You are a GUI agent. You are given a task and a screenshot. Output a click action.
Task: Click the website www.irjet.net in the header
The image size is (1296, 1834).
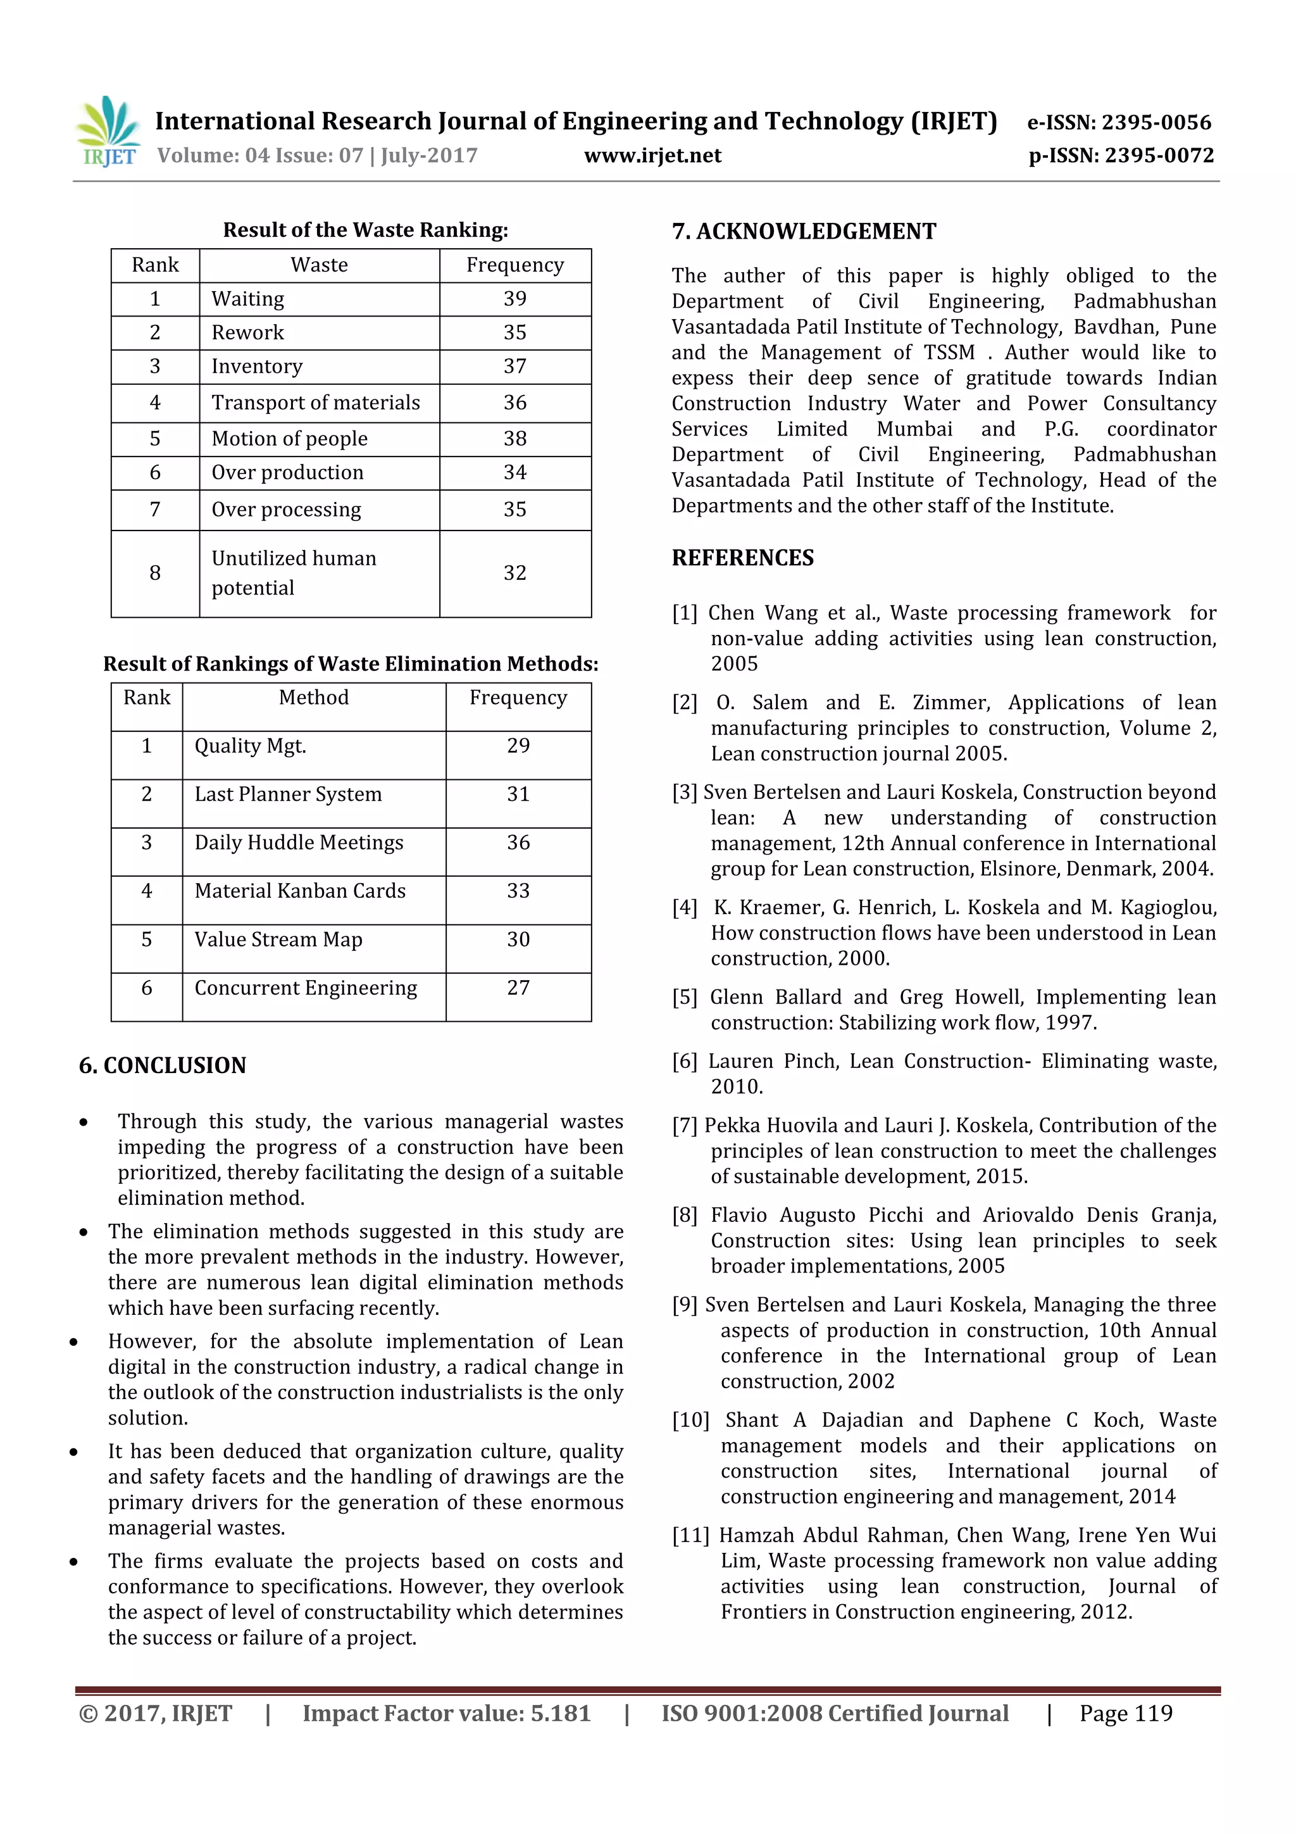click(x=652, y=156)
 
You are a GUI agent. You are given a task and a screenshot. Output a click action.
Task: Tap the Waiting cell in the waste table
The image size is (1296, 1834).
click(x=247, y=299)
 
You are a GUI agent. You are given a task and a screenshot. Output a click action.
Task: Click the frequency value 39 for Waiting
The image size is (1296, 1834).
click(x=514, y=299)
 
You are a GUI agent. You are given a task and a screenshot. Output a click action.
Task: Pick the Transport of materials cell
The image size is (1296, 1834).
click(x=315, y=403)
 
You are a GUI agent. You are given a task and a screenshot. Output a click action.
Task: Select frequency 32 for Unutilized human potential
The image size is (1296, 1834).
click(x=514, y=574)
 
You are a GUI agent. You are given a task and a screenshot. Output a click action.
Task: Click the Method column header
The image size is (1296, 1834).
click(x=314, y=698)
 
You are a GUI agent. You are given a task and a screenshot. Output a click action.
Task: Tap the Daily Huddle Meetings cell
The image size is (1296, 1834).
click(x=299, y=843)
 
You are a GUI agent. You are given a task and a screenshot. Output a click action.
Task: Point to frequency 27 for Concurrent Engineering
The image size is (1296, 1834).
click(x=518, y=989)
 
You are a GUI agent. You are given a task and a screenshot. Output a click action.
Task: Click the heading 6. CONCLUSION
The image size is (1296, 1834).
click(x=163, y=1065)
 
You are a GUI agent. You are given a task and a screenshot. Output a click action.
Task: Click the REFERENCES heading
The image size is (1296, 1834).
click(x=743, y=558)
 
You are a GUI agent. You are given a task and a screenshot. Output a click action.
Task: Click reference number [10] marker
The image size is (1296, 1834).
click(x=690, y=1420)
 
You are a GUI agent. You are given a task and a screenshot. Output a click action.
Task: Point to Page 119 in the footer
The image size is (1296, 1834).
click(x=1125, y=1713)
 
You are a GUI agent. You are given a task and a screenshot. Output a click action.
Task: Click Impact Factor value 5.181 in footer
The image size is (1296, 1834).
click(x=446, y=1713)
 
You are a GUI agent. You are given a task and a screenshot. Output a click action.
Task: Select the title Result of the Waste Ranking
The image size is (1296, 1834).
click(x=365, y=230)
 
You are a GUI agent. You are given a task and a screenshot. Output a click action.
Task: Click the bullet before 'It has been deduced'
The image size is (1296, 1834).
click(x=73, y=1452)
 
